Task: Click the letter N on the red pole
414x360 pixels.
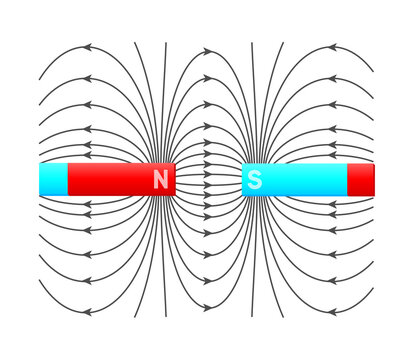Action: click(x=160, y=180)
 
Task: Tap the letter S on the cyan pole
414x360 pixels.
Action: click(x=255, y=180)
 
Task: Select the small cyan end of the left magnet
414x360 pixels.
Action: click(x=53, y=180)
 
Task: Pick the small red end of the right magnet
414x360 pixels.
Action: click(x=361, y=180)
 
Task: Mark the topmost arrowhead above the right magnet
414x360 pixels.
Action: click(x=330, y=47)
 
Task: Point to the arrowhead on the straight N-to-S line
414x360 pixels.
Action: click(x=207, y=180)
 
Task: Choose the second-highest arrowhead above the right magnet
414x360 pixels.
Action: click(x=330, y=77)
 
